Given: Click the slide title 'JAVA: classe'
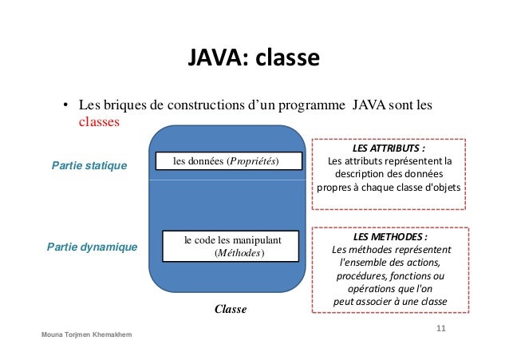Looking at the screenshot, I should point(254,59).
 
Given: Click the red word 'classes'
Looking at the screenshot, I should point(99,122).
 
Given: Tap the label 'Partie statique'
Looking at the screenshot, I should point(89,165).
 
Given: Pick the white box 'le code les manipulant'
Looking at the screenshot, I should point(228,247).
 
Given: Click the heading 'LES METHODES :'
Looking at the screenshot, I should point(389,237).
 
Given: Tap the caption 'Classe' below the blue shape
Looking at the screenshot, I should point(230,309).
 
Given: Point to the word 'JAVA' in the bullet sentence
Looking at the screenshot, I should point(370,105).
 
